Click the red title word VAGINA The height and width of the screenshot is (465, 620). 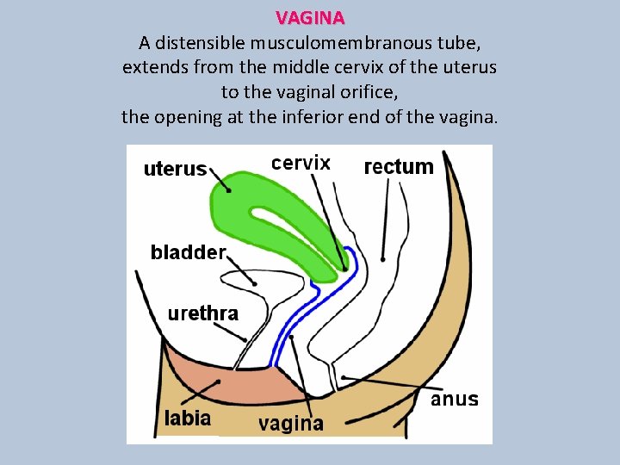point(310,17)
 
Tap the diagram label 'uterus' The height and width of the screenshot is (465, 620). point(175,169)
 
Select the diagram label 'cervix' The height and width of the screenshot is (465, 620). point(301,163)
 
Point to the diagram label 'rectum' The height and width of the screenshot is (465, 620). point(399,166)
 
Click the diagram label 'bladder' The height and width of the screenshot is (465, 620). point(188,252)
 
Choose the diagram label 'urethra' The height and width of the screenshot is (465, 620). point(202,313)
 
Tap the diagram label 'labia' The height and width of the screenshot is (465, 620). point(188,418)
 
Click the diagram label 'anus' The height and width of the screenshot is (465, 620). point(455,400)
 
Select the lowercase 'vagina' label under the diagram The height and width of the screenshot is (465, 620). point(291,423)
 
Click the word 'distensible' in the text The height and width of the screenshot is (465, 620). point(201,41)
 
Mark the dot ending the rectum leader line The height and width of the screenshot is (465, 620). point(382,257)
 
